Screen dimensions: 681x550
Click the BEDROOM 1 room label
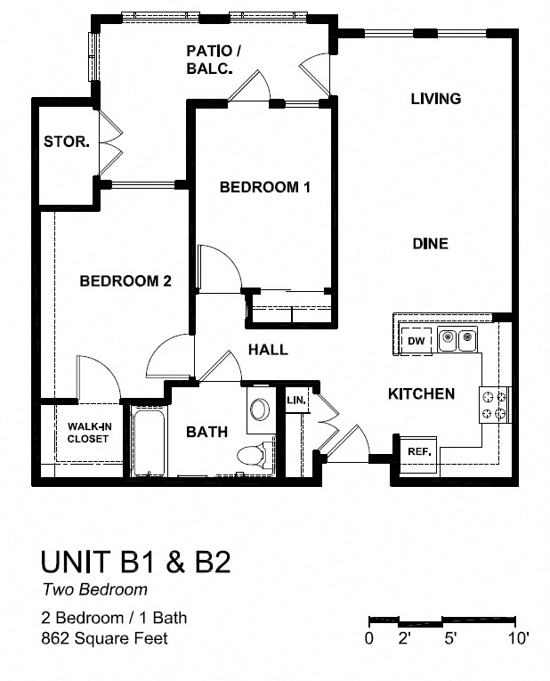pos(264,188)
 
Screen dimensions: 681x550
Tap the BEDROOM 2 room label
pos(125,281)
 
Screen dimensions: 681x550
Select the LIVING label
pos(435,99)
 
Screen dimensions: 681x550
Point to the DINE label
pos(429,244)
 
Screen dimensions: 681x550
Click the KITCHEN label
pos(421,393)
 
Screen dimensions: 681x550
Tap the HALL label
pos(268,350)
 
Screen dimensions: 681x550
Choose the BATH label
pos(206,432)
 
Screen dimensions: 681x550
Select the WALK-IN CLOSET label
pos(88,433)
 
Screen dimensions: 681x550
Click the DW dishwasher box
pos(416,341)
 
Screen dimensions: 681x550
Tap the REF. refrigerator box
pos(419,451)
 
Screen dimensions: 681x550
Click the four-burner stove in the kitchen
pos(496,405)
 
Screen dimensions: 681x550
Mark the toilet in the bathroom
pos(253,455)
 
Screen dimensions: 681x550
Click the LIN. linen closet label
pos(295,401)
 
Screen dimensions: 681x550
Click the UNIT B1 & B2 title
pos(136,562)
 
